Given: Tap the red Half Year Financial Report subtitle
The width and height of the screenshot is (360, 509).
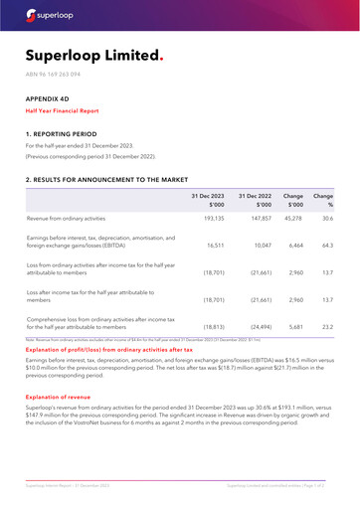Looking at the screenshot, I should pos(69,111).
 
